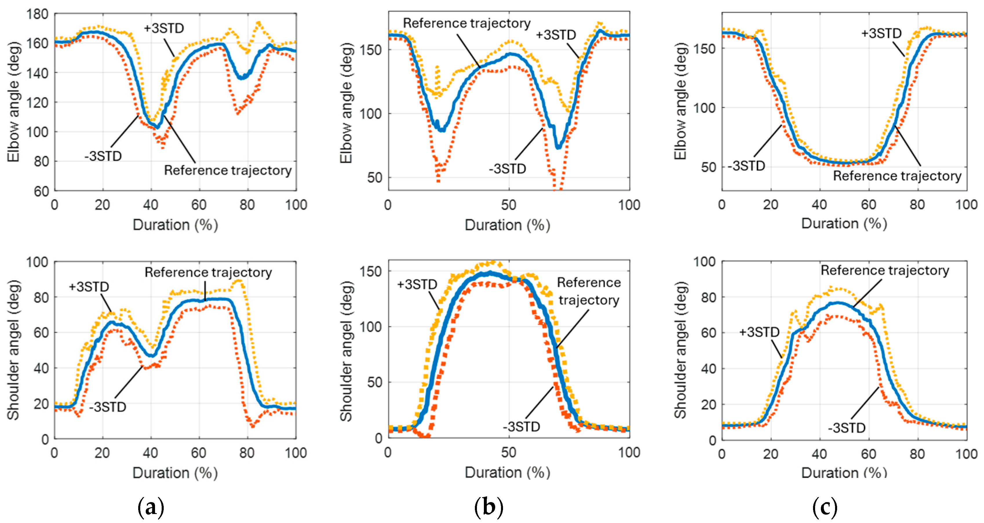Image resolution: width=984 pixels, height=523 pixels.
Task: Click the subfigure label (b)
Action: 489,507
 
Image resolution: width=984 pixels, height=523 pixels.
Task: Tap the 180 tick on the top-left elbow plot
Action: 37,14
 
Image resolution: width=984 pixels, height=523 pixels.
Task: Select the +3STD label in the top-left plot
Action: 164,28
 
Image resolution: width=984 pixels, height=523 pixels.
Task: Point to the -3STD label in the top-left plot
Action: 103,156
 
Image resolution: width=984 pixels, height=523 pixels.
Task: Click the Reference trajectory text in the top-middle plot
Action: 467,23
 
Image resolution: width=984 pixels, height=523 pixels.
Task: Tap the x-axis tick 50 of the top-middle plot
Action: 509,205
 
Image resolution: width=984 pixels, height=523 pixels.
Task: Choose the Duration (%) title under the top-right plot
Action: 844,223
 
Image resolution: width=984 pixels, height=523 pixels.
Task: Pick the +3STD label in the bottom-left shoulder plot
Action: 89,287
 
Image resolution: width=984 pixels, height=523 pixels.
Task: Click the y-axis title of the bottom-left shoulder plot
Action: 13,350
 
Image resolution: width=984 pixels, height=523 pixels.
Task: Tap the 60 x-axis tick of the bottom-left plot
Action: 199,453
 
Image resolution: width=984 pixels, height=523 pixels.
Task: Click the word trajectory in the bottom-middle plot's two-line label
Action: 589,300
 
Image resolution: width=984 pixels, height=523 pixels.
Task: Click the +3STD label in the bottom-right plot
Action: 759,332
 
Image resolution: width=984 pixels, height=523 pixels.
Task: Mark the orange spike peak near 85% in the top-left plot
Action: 259,23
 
